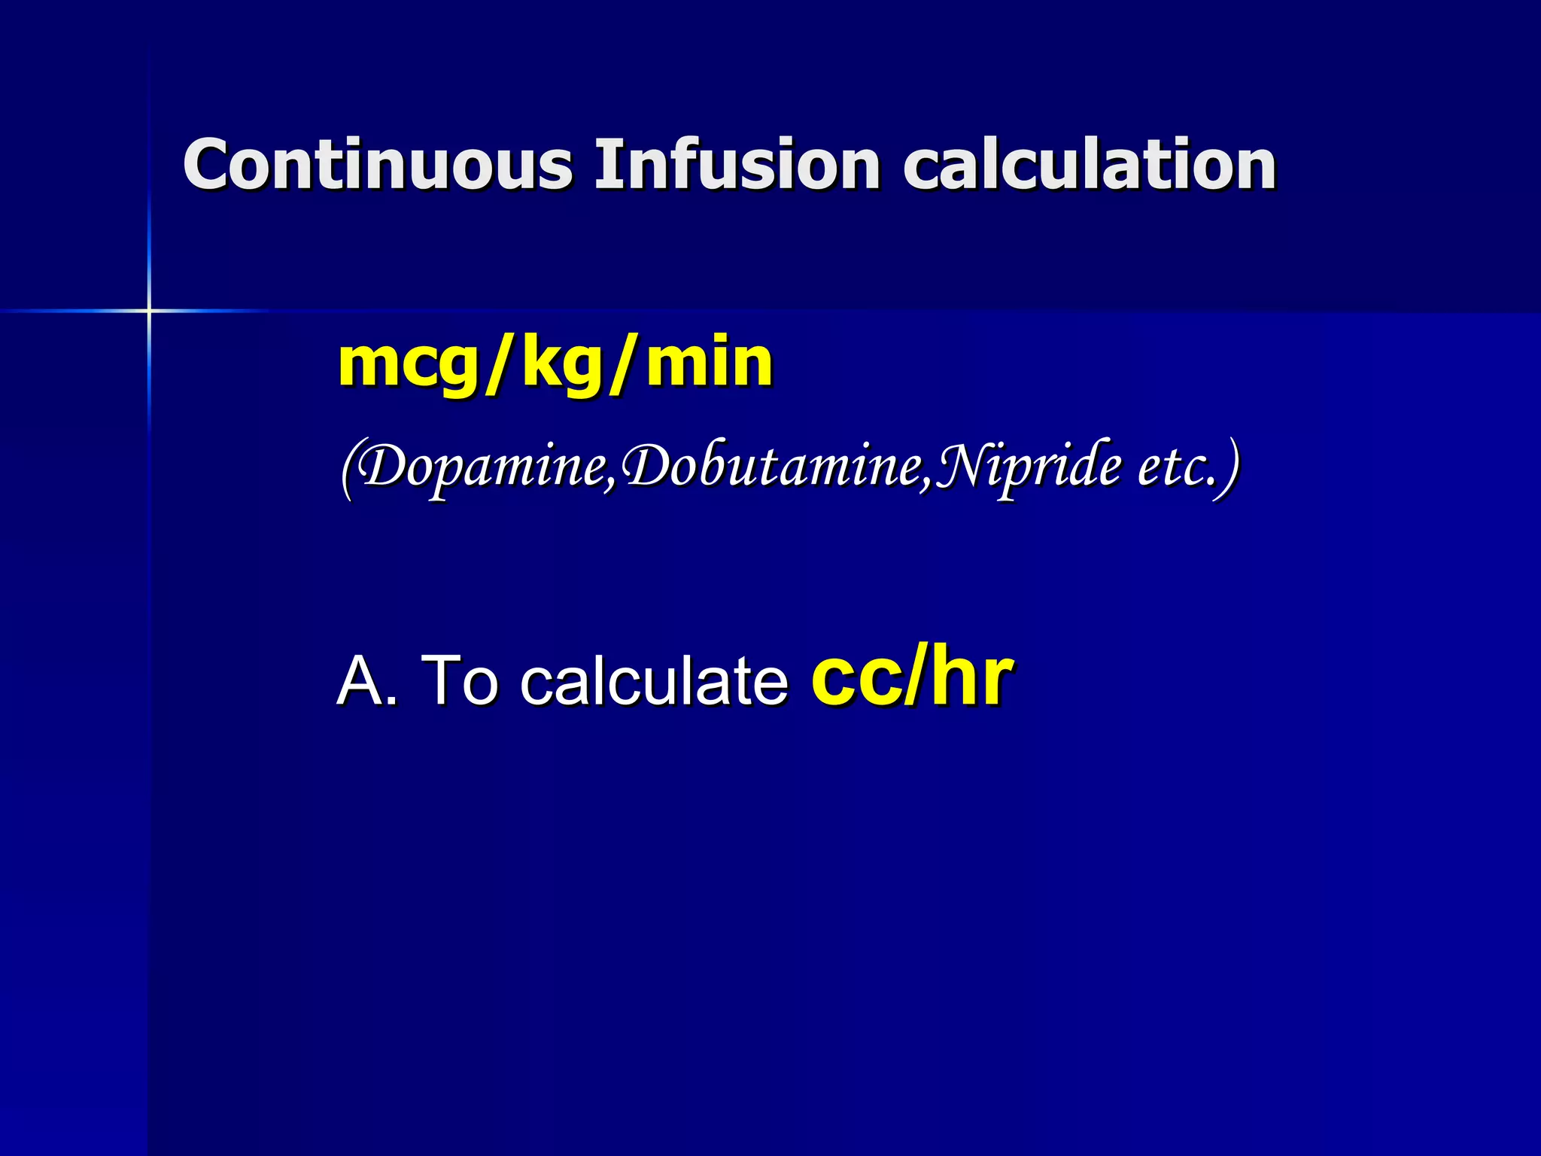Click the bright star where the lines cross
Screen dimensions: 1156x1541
[x=149, y=310]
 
